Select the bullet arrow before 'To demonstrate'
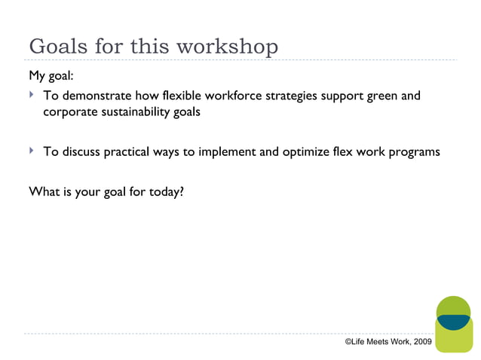click(32, 96)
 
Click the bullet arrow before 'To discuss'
click(32, 151)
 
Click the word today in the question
click(165, 191)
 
